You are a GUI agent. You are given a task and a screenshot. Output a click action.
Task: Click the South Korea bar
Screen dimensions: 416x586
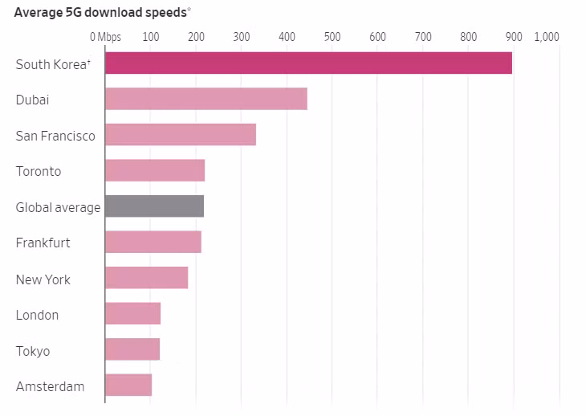pyautogui.click(x=308, y=63)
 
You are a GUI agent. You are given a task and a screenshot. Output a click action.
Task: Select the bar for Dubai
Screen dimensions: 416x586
pyautogui.click(x=206, y=100)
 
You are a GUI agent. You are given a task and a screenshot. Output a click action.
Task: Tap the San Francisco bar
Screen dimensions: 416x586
pyautogui.click(x=181, y=135)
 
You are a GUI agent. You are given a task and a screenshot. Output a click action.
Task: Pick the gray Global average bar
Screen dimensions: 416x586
pyautogui.click(x=154, y=206)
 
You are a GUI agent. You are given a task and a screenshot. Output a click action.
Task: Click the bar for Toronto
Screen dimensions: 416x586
pyautogui.click(x=155, y=170)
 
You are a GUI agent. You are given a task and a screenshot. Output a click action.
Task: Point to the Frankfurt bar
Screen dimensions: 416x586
pyautogui.click(x=153, y=242)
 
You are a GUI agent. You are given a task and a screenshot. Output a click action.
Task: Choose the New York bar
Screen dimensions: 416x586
pyautogui.click(x=146, y=278)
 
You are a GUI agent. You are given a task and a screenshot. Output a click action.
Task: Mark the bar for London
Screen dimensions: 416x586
pyautogui.click(x=132, y=313)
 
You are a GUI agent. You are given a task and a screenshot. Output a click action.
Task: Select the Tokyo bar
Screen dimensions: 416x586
pyautogui.click(x=132, y=349)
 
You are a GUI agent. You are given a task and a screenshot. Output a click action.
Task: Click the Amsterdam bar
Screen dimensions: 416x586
pyautogui.click(x=128, y=385)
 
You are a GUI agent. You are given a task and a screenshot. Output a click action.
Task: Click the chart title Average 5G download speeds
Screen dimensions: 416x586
pyautogui.click(x=102, y=12)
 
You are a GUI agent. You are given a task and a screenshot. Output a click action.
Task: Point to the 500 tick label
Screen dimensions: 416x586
pyautogui.click(x=332, y=37)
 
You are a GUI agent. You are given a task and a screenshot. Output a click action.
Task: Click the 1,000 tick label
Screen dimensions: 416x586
pyautogui.click(x=546, y=37)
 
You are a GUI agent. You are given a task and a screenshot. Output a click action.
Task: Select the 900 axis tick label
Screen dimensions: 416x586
pyautogui.click(x=514, y=37)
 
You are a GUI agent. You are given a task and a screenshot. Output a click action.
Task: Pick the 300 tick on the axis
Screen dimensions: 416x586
pyautogui.click(x=241, y=37)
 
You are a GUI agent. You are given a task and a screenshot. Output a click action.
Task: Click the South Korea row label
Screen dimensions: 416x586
pyautogui.click(x=50, y=64)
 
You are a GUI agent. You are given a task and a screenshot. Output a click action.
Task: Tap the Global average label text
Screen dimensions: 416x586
pyautogui.click(x=58, y=207)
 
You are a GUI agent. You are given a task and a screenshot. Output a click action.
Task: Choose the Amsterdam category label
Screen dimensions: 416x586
pyautogui.click(x=50, y=386)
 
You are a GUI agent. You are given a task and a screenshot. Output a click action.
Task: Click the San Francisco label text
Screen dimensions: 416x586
pyautogui.click(x=55, y=136)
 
